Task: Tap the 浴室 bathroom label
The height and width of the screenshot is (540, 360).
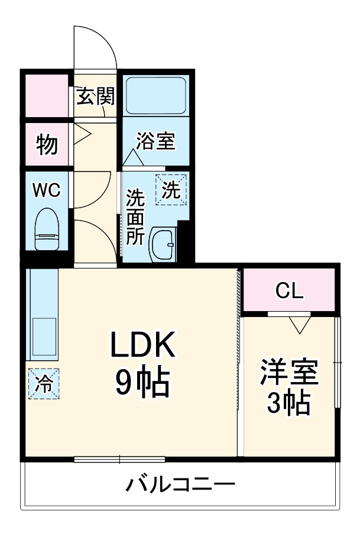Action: pos(155,141)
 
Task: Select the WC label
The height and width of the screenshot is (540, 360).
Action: pos(46,190)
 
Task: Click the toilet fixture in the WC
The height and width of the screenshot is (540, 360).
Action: pos(47,231)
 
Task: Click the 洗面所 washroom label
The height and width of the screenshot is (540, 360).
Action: pos(135,216)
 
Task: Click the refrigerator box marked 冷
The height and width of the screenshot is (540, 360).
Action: pos(44,383)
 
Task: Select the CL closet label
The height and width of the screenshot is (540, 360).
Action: pos(290,290)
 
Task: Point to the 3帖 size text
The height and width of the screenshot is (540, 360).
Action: pos(289,404)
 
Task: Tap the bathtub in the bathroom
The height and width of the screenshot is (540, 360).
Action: pos(156,95)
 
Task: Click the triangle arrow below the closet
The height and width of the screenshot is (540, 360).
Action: pos(300,324)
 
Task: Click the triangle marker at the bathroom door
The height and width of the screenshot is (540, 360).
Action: pos(133,159)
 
